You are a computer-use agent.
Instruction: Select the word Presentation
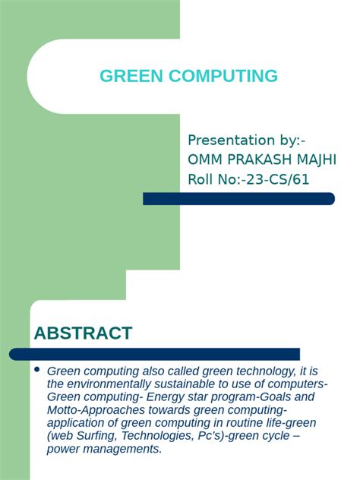tap(231, 141)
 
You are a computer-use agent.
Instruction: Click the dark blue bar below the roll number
tap(238, 199)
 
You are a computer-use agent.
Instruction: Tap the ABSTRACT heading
tap(83, 333)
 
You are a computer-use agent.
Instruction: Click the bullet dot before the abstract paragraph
tap(36, 369)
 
